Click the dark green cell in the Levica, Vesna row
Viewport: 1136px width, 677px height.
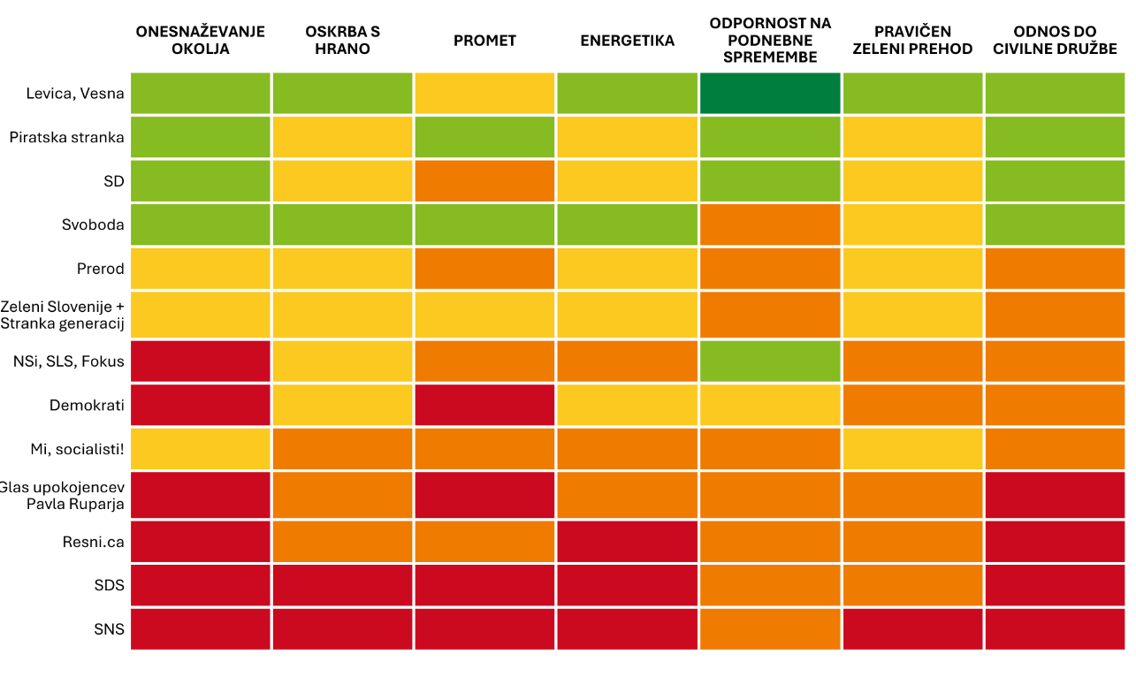point(770,94)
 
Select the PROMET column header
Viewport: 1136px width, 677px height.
point(484,41)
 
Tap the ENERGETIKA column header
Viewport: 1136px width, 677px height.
point(628,41)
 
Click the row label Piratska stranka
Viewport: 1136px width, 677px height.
point(66,137)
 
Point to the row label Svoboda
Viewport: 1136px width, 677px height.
point(93,224)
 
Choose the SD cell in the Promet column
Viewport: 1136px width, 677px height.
point(484,181)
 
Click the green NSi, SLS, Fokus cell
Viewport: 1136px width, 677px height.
point(770,361)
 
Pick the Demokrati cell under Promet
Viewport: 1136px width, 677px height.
point(484,405)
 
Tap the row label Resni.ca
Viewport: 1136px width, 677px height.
point(94,542)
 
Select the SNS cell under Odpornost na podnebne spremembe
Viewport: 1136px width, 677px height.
point(770,628)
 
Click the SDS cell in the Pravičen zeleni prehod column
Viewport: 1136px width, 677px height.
point(912,585)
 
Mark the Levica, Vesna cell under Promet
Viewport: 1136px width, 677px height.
point(484,94)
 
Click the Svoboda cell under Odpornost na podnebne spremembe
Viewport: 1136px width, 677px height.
point(770,224)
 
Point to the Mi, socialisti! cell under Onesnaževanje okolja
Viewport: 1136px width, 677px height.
point(201,449)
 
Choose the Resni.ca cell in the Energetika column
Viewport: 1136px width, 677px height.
point(628,542)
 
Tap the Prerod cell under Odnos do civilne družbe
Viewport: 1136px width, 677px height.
point(1055,269)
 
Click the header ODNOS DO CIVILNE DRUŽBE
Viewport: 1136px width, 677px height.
point(1055,41)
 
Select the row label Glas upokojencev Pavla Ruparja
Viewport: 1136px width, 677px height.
point(62,496)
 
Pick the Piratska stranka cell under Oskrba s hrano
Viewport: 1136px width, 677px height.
point(342,137)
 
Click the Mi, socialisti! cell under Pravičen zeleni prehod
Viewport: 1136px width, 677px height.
point(912,449)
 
